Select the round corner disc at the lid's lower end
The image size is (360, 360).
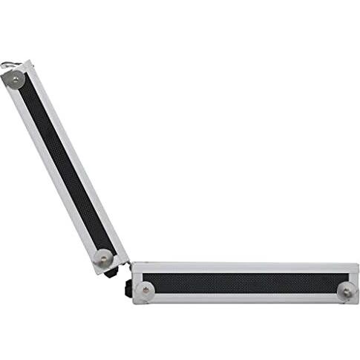pos(104,258)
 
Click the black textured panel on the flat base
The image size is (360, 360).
pos(245,283)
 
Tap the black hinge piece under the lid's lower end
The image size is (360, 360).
pos(111,272)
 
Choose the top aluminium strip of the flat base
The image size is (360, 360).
pos(245,267)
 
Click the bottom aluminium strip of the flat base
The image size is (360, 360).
pos(245,298)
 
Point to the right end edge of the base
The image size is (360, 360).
pos(357,283)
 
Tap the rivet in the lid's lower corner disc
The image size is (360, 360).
pos(104,258)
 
